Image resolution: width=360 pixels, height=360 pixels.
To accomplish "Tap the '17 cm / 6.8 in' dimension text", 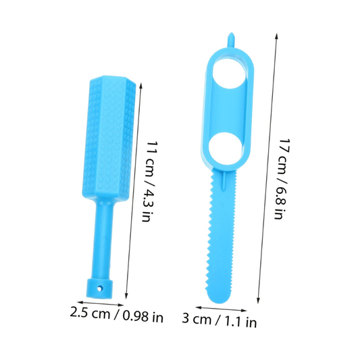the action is coord(282,179).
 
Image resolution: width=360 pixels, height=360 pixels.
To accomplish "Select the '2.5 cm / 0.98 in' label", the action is coord(117,315).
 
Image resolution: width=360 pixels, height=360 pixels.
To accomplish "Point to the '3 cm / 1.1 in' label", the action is coord(220,320).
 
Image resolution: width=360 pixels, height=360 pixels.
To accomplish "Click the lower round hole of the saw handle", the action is coord(225,149).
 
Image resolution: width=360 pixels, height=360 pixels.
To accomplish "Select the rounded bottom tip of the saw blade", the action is coord(219,298).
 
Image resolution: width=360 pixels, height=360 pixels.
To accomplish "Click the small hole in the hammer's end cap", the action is coord(101,288).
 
